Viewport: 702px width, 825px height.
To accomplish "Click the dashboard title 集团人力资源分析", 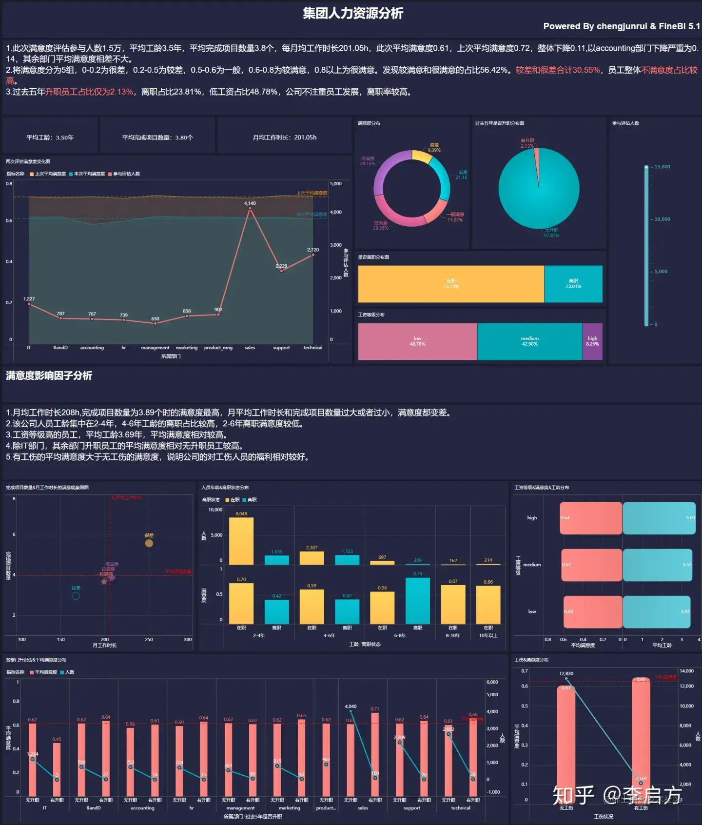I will tap(353, 13).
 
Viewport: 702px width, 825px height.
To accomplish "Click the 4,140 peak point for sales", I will tap(250, 208).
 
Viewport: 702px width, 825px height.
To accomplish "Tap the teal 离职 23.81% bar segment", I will tap(573, 284).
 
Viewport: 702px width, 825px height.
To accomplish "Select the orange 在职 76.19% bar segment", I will tap(451, 284).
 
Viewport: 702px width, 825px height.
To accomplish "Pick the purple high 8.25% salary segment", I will tap(592, 341).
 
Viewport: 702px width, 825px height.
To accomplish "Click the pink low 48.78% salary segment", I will tap(417, 341).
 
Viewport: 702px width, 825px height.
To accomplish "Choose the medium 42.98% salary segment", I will tap(529, 341).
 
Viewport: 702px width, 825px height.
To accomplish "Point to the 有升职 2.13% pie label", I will tap(527, 143).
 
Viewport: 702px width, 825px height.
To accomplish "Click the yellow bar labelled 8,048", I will tap(241, 541).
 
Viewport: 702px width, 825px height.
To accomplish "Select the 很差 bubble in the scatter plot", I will tap(149, 543).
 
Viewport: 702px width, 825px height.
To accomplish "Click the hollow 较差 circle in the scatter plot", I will tap(76, 595).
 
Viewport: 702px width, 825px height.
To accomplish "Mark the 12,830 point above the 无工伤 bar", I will tap(566, 679).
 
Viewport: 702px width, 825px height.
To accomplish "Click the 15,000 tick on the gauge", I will tap(662, 167).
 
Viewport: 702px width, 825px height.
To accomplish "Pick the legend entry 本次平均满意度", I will tap(89, 174).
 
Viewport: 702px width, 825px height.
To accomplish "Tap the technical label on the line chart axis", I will tap(312, 348).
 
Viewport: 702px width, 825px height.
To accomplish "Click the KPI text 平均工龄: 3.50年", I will tap(50, 137).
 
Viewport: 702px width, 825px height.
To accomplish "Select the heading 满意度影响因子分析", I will tap(49, 375).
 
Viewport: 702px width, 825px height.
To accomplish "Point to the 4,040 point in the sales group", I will tap(351, 711).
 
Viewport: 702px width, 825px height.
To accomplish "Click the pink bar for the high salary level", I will tap(591, 518).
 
